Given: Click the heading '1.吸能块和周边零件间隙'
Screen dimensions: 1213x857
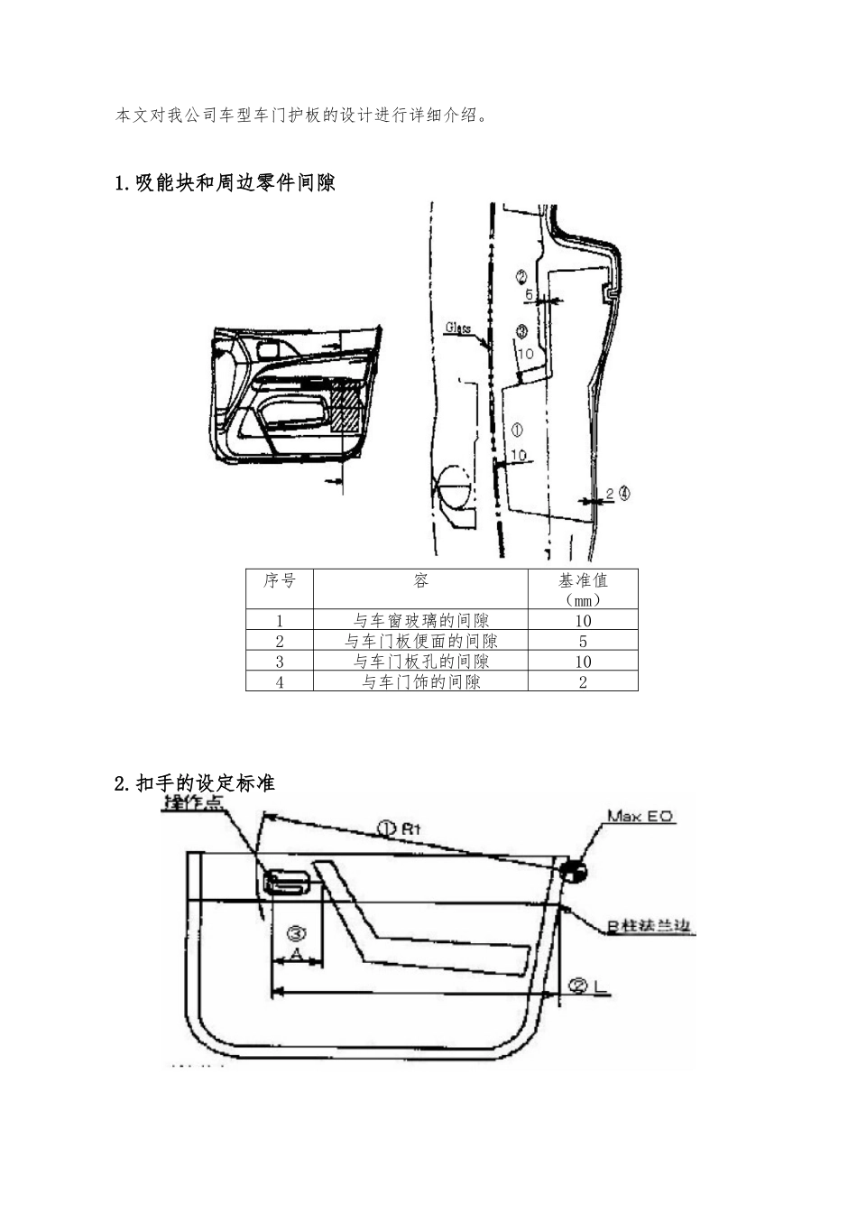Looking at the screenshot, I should point(226,183).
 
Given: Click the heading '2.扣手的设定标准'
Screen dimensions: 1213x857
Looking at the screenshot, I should point(195,783).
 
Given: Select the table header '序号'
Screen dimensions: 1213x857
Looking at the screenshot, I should point(280,580).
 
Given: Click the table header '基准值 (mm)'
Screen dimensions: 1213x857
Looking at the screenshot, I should point(583,588).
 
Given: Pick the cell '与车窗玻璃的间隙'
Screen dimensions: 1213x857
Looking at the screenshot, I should point(421,621).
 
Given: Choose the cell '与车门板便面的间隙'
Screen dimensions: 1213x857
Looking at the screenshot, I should point(421,642).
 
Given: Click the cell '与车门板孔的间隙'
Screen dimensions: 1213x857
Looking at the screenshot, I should point(421,662).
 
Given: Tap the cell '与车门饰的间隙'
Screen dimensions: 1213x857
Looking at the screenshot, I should point(421,682).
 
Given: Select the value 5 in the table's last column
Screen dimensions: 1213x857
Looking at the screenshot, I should point(583,642).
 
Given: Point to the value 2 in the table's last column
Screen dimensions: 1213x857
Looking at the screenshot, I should point(583,682).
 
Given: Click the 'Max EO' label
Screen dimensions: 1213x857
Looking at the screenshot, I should point(640,816).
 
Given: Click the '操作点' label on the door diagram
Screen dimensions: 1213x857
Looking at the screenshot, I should point(192,804).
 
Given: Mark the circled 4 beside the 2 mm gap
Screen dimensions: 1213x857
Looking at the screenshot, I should point(624,494).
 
